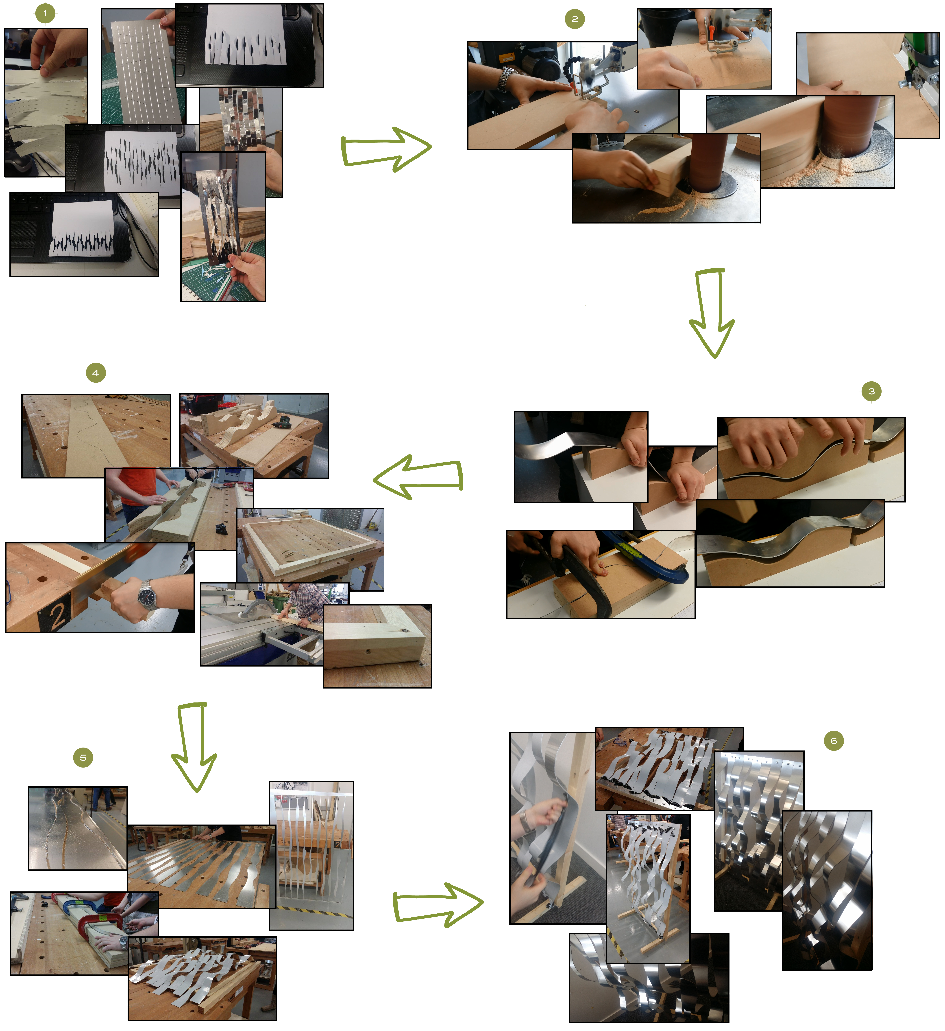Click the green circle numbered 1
(45, 13)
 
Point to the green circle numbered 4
(96, 373)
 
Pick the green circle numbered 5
(83, 757)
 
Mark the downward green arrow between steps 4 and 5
(194, 748)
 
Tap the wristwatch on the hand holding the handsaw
(147, 595)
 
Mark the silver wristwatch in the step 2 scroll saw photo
(505, 78)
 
